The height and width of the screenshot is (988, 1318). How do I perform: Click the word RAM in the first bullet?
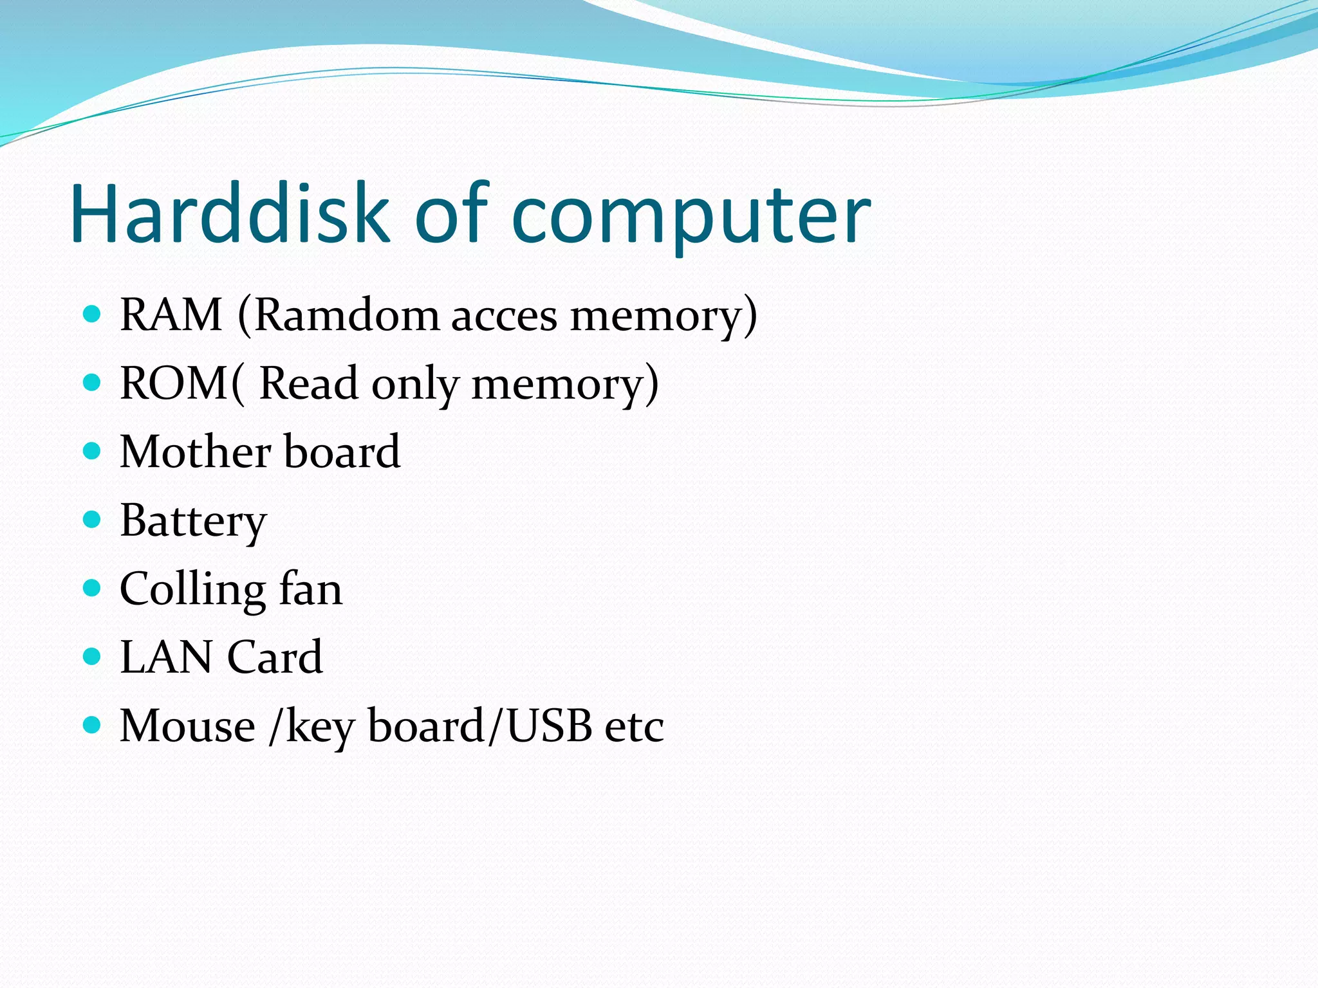click(171, 315)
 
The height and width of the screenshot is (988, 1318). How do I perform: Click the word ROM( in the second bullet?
click(183, 384)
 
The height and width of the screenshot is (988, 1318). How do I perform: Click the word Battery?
click(193, 521)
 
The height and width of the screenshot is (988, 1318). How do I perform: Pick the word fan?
click(310, 589)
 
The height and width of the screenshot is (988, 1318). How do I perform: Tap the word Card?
click(275, 657)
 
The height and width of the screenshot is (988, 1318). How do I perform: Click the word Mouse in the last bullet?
click(187, 726)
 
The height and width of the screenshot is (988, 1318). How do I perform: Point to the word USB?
click(549, 726)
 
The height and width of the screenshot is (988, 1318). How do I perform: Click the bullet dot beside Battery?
click(93, 519)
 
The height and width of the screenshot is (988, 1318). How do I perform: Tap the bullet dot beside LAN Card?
click(93, 657)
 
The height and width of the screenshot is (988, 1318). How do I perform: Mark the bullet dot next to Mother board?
click(93, 451)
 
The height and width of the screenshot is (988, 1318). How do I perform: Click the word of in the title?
click(452, 214)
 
